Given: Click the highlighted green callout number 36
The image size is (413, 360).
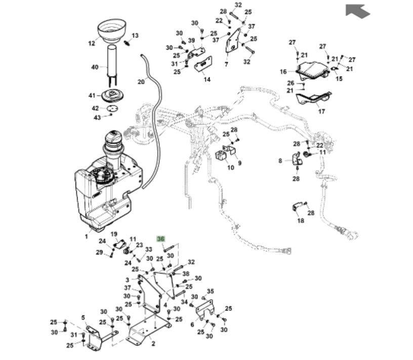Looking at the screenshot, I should pyautogui.click(x=161, y=239).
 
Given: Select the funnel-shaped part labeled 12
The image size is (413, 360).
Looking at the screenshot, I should pyautogui.click(x=111, y=31).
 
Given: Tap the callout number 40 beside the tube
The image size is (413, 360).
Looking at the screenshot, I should pyautogui.click(x=95, y=67).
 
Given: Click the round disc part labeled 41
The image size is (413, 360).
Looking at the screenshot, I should pyautogui.click(x=112, y=96).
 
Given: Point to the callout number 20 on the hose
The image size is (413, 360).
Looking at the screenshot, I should pyautogui.click(x=141, y=81).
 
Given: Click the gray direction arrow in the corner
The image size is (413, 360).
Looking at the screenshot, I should pyautogui.click(x=358, y=11).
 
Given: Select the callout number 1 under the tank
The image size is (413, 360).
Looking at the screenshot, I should pyautogui.click(x=87, y=236).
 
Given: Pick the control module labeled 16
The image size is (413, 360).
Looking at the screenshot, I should pyautogui.click(x=310, y=69).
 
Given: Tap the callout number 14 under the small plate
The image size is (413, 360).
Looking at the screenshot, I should pyautogui.click(x=207, y=79).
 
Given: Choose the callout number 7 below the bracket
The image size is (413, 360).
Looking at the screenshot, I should pyautogui.click(x=226, y=65).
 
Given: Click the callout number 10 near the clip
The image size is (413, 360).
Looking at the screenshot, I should pyautogui.click(x=230, y=167).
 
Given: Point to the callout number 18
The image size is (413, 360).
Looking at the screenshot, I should pyautogui.click(x=301, y=220).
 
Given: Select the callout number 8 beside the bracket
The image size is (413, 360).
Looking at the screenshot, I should pyautogui.click(x=280, y=161).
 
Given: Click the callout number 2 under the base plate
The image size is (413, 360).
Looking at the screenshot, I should pyautogui.click(x=153, y=343).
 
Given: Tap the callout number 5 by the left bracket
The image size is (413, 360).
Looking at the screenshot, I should pyautogui.click(x=83, y=319).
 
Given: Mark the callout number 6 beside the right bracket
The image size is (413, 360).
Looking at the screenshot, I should pyautogui.click(x=192, y=324).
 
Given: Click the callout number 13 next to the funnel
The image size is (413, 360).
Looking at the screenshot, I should pyautogui.click(x=135, y=35).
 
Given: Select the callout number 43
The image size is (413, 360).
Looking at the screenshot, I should pyautogui.click(x=98, y=117).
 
